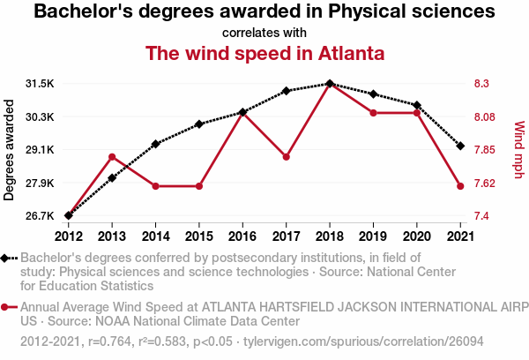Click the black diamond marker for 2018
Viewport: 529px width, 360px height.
tap(330, 84)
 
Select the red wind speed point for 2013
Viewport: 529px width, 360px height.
tap(112, 157)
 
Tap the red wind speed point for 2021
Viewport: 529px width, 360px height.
tap(460, 186)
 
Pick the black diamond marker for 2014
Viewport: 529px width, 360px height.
tap(155, 144)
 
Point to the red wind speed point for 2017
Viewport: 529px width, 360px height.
tap(287, 157)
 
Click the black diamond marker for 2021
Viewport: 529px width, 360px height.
tap(460, 146)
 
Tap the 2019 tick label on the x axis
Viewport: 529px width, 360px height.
tap(373, 236)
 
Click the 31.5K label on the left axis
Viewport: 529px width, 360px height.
tap(40, 84)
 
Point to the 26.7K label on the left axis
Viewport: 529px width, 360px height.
tap(40, 216)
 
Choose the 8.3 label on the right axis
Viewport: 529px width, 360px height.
tap(484, 84)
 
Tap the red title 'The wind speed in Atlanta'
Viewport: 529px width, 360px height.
tap(264, 53)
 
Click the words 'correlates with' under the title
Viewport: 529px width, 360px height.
tap(264, 33)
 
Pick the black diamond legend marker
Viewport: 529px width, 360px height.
tap(7, 258)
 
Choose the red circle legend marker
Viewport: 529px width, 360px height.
tap(7, 307)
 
